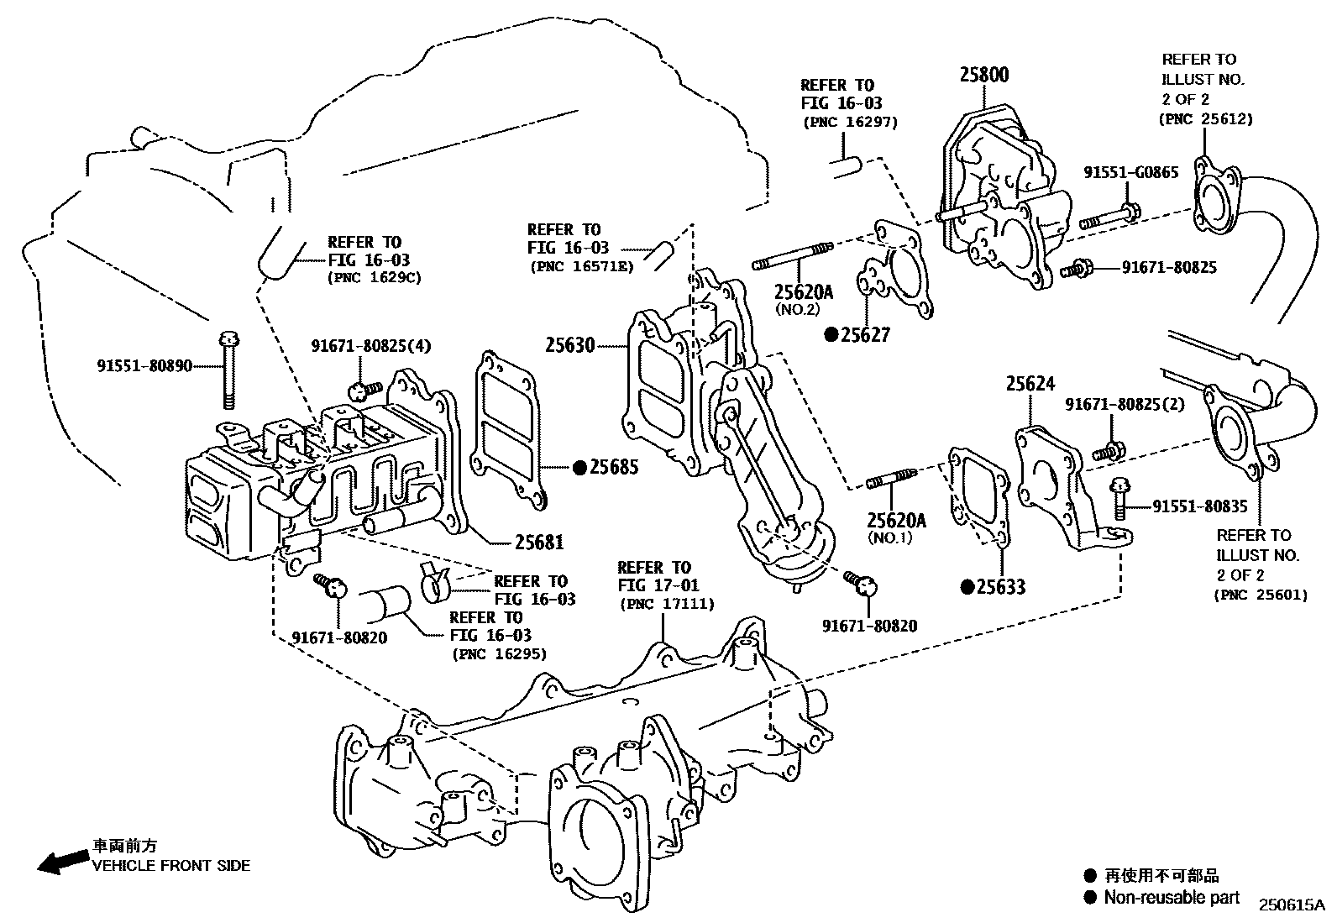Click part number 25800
pyautogui.click(x=984, y=75)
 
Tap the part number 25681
pyautogui.click(x=538, y=542)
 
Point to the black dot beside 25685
pyautogui.click(x=579, y=467)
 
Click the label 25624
pyautogui.click(x=1030, y=385)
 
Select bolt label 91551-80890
pyautogui.click(x=144, y=366)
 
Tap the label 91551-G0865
pyautogui.click(x=1130, y=172)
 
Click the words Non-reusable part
pyautogui.click(x=1172, y=897)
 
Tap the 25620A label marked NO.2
pyautogui.click(x=803, y=292)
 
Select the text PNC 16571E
pyautogui.click(x=581, y=266)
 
